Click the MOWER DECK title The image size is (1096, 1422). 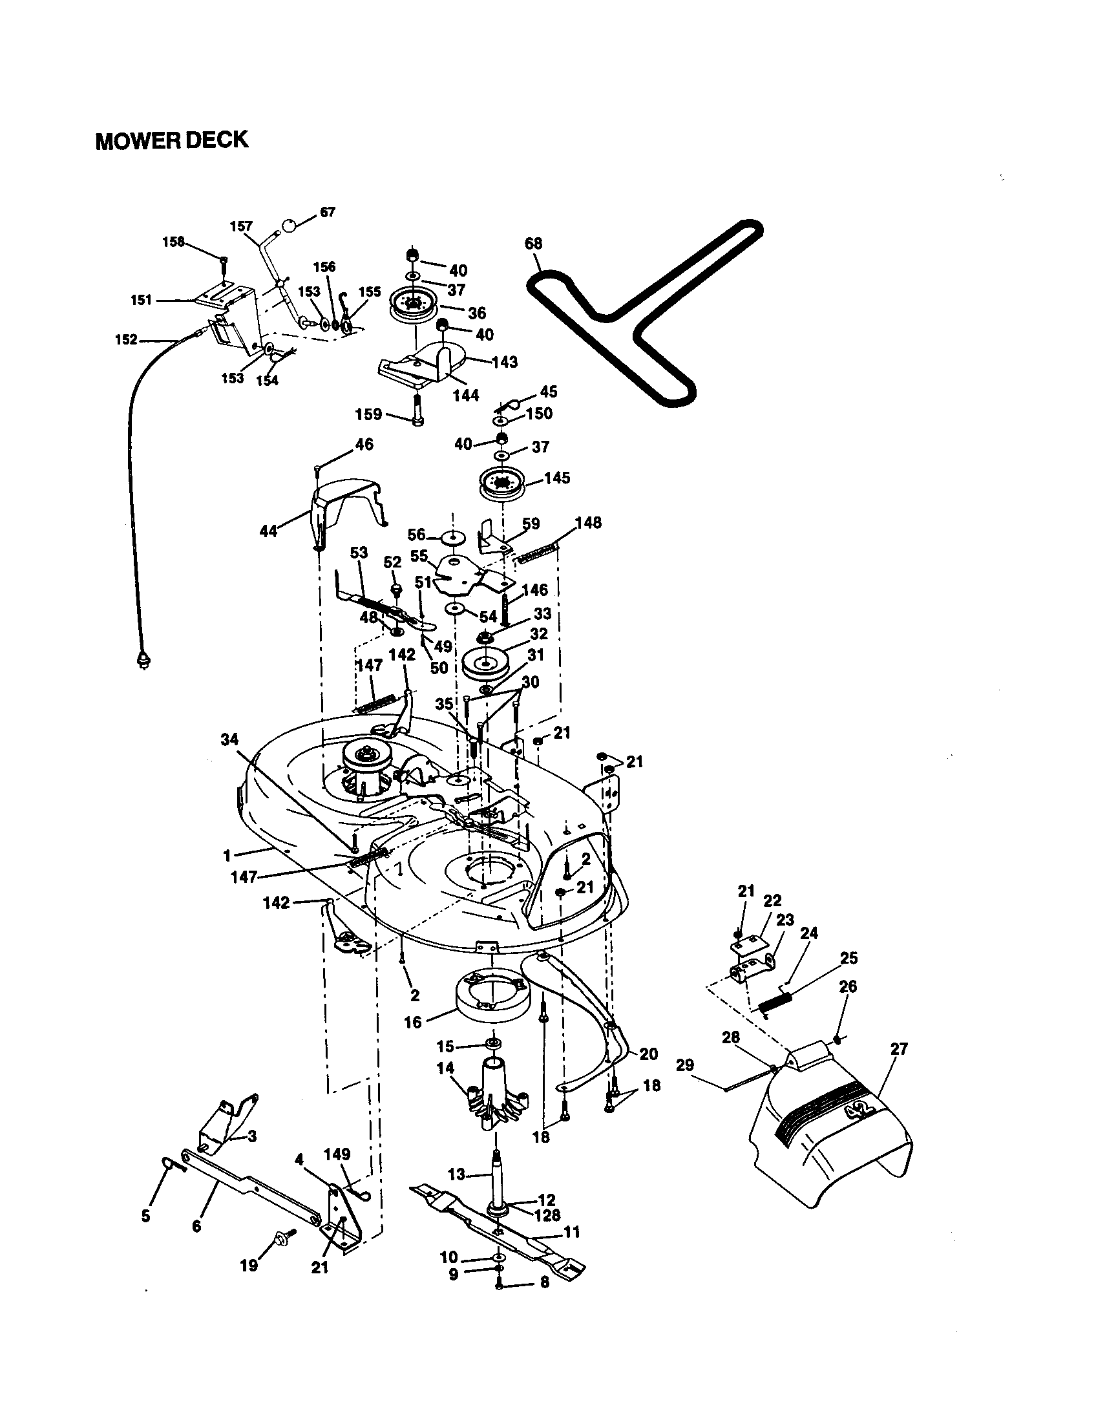click(172, 141)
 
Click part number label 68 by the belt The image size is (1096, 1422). click(533, 244)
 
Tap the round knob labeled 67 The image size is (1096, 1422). click(288, 226)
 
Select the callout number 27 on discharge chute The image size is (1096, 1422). click(899, 1049)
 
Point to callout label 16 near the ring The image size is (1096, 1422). click(414, 1023)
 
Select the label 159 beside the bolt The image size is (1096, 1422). click(368, 414)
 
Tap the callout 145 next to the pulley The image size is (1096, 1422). click(557, 478)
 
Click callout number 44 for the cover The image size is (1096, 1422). click(268, 531)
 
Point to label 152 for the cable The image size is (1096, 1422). click(126, 339)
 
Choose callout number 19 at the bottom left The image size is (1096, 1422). click(249, 1265)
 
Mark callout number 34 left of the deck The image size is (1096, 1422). click(229, 739)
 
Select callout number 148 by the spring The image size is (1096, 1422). click(588, 522)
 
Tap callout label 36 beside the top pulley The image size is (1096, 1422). click(477, 313)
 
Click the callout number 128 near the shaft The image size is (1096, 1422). click(547, 1215)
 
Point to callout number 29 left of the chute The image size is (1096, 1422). click(684, 1065)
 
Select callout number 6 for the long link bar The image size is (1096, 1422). click(196, 1227)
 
